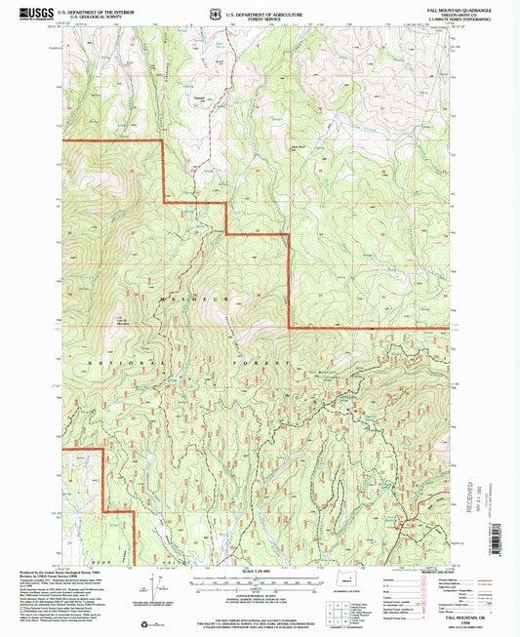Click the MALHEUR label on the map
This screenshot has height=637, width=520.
pyautogui.click(x=176, y=293)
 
